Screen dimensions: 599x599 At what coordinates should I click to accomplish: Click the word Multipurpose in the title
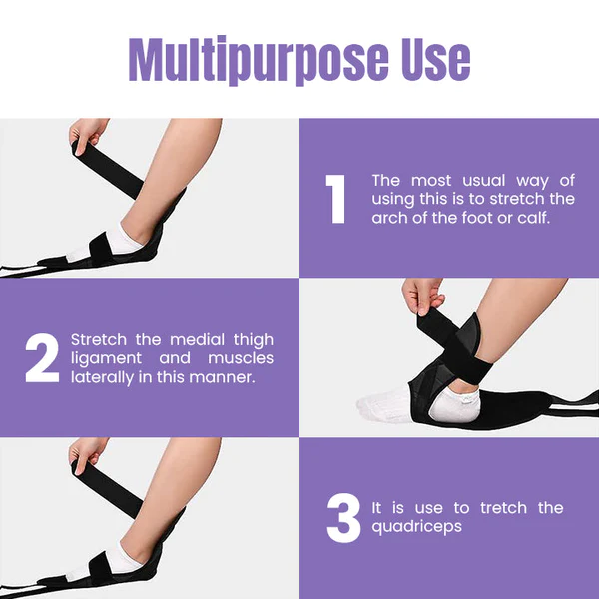pyautogui.click(x=259, y=60)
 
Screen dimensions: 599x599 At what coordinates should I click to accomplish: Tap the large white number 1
pyautogui.click(x=335, y=199)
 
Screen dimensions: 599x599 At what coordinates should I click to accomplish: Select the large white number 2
pyautogui.click(x=42, y=358)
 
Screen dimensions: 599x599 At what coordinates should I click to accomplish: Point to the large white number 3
pyautogui.click(x=343, y=517)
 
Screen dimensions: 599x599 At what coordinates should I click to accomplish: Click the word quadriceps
pyautogui.click(x=416, y=527)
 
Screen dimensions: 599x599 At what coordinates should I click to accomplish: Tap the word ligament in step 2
pyautogui.click(x=106, y=359)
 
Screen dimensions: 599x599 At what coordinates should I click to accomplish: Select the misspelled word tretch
pyautogui.click(x=503, y=508)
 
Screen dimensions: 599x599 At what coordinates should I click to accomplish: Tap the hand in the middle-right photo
pyautogui.click(x=423, y=296)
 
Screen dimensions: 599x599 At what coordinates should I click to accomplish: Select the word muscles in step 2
pyautogui.click(x=241, y=358)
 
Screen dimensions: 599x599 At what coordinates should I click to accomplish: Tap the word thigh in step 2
pyautogui.click(x=254, y=340)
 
